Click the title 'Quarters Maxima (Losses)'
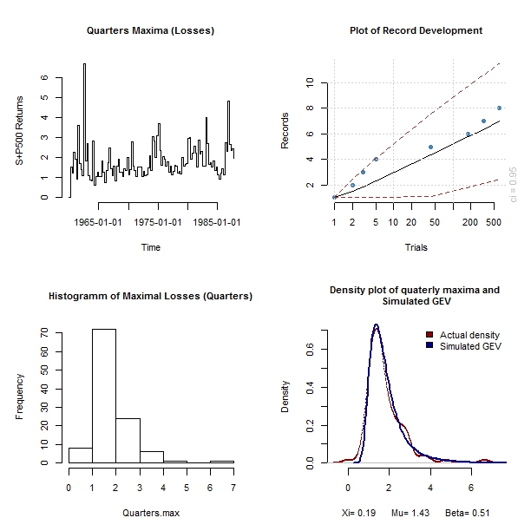tap(150, 31)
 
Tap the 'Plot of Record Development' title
tap(416, 31)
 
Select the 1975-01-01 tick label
tap(158, 221)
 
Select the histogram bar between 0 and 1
tap(81, 455)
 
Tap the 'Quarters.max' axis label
tap(150, 513)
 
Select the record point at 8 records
tap(499, 108)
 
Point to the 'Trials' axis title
tap(416, 247)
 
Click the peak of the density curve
tap(377, 326)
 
